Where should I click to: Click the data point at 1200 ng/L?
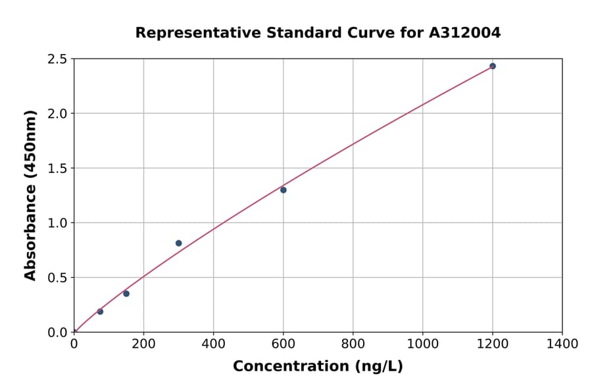[492, 66]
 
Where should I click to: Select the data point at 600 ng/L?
[283, 190]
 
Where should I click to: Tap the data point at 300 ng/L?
[178, 243]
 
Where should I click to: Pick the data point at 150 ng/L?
[126, 294]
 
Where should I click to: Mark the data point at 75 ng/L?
[100, 311]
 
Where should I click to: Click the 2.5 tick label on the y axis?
[57, 59]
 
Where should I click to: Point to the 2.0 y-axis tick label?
[57, 114]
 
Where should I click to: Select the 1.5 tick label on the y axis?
[57, 169]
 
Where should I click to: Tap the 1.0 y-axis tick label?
[57, 223]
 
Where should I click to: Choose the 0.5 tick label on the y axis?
[57, 278]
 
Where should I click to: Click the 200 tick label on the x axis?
[143, 344]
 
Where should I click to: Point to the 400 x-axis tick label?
[213, 344]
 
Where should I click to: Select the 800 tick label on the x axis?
[353, 344]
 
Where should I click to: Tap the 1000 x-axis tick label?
[422, 344]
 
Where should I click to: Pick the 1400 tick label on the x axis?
[562, 344]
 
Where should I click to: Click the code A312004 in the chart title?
[464, 32]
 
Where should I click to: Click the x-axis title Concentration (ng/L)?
[318, 366]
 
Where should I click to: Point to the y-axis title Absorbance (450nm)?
[30, 195]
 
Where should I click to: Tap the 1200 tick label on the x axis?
[492, 344]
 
